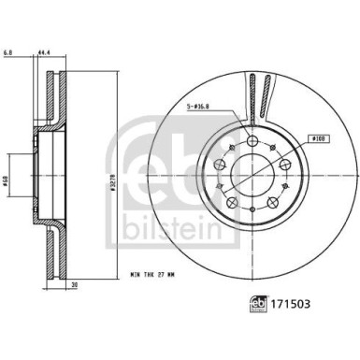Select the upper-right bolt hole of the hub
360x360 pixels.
pyautogui.click(x=278, y=162)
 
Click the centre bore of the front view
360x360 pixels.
pyautogui.click(x=251, y=172)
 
